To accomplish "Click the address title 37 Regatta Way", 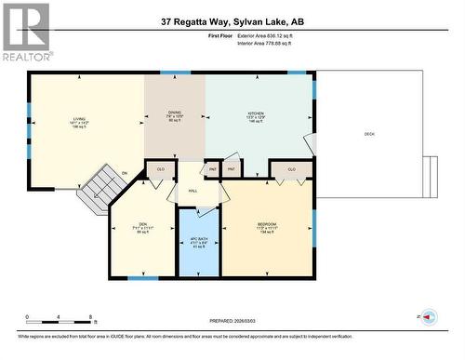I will [x=232, y=20].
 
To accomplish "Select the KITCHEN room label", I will [x=257, y=116].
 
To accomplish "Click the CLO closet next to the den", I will [x=160, y=169].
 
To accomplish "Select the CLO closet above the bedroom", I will [x=291, y=169].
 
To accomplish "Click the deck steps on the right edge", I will [x=430, y=176].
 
